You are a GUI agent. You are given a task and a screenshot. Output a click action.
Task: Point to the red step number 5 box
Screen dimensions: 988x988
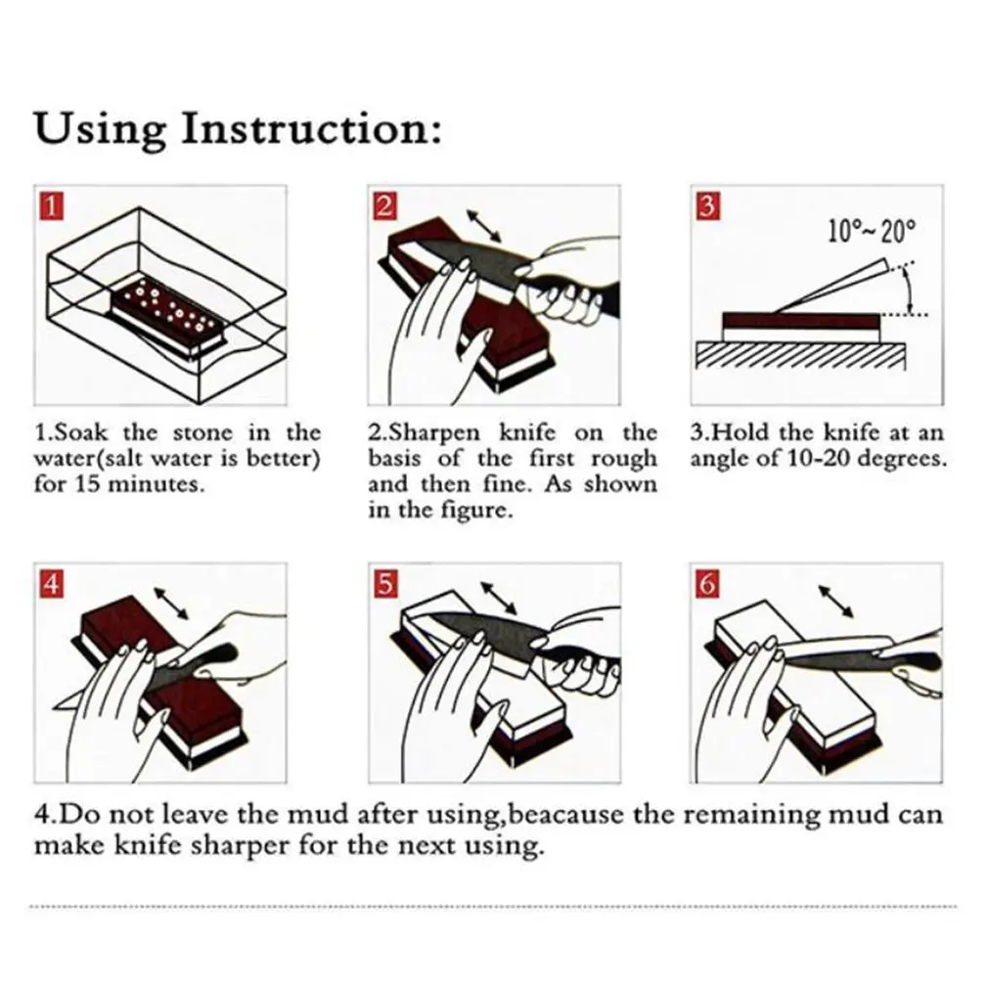385,584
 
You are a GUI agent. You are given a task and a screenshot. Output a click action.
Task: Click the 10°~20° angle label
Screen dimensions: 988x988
871,232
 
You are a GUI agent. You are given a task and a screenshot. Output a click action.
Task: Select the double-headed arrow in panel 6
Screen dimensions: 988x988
836,600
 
